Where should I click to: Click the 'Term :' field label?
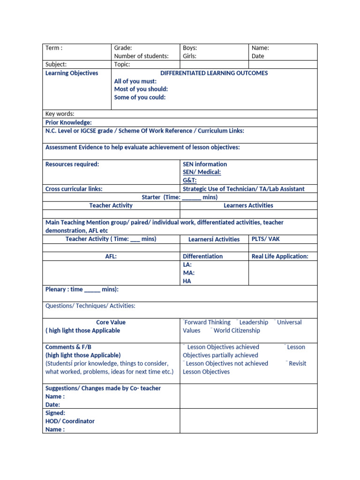coord(54,48)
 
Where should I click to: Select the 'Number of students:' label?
coord(141,56)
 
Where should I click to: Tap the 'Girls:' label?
coord(190,56)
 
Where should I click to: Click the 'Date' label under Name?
coord(258,56)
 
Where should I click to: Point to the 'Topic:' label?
coord(122,65)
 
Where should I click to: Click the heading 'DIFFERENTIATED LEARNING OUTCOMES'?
coord(214,73)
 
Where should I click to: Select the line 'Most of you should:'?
coord(141,89)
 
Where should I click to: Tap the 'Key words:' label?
coord(60,114)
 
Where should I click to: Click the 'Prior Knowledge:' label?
coord(68,122)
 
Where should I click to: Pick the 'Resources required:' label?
coord(72,164)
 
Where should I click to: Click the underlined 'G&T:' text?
coord(190,180)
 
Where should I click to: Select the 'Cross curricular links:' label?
coord(74,189)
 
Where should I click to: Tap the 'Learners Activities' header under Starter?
coord(248,205)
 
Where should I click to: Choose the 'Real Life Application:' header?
coord(280,256)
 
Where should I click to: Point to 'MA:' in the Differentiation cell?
coord(189,273)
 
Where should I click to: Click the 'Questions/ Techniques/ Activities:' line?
coord(90,306)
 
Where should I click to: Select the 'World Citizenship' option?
coord(237,330)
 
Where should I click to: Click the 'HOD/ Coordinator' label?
coord(70,421)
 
